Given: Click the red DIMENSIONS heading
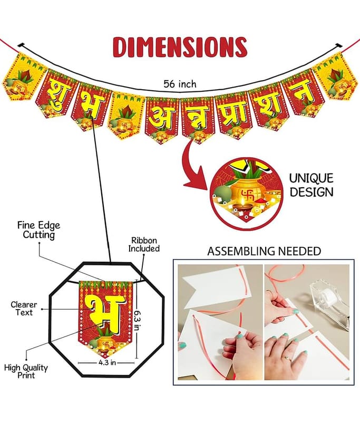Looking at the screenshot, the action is tap(180, 47).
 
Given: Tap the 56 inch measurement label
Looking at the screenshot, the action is tap(180, 84).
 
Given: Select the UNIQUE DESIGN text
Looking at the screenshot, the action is tap(312, 185).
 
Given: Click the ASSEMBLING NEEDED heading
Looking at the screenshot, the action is tap(264, 251).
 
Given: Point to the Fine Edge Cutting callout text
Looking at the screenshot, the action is tap(38, 230).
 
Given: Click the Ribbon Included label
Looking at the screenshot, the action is tap(144, 244).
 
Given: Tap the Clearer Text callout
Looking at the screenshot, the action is tap(24, 309).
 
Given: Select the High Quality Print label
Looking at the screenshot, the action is tap(26, 371).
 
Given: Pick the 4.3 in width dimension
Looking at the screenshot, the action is tap(107, 362).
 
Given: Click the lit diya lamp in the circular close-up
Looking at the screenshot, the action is tap(243, 206).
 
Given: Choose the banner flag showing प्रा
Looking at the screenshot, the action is tap(233, 116).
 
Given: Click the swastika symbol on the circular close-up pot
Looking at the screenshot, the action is tap(247, 194).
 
